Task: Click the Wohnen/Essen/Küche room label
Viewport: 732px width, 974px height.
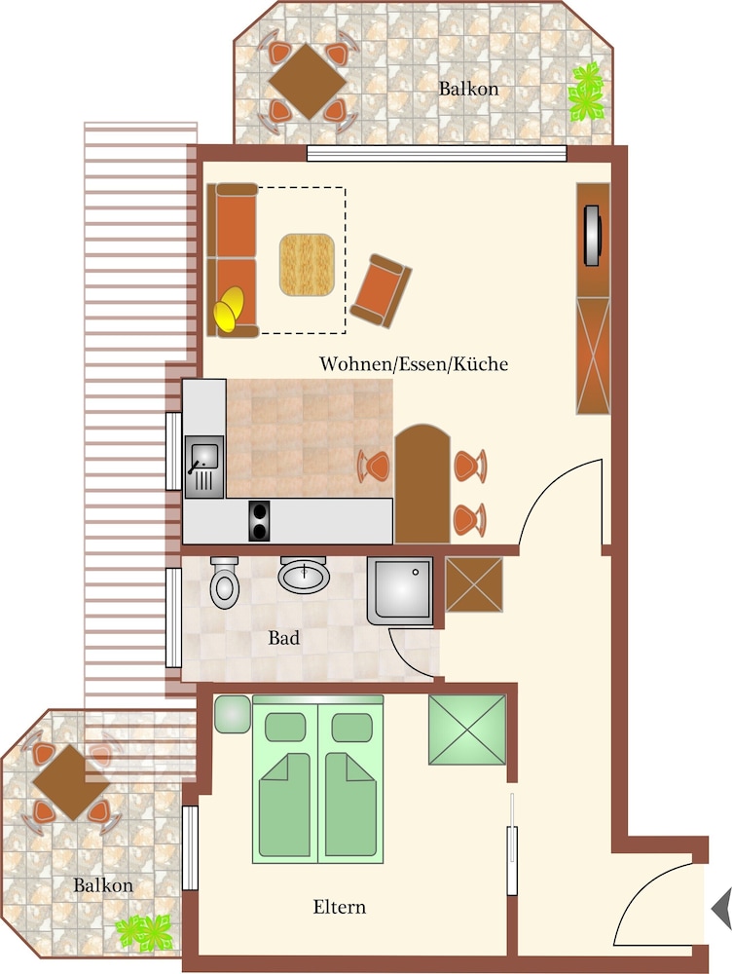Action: coord(414,364)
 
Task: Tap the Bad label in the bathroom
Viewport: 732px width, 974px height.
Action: coord(283,638)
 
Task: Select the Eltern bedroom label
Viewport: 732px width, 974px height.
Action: coord(339,907)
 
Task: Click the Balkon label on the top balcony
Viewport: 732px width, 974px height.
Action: coord(469,89)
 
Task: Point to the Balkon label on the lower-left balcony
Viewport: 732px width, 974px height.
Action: coord(103,885)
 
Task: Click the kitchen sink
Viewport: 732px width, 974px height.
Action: coord(204,467)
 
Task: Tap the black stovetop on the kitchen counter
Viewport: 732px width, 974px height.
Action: coord(260,520)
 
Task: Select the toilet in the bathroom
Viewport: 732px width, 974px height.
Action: coord(224,582)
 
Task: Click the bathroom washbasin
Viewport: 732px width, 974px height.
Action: coord(303,575)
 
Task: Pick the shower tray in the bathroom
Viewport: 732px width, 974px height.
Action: coord(400,591)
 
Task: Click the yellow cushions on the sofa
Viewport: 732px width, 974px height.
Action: coord(229,308)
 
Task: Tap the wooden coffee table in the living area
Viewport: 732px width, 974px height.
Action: coord(307,264)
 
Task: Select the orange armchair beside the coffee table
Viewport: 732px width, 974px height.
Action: coord(381,290)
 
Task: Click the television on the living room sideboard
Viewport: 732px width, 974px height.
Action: coord(592,235)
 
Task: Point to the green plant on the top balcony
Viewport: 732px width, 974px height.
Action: coord(585,92)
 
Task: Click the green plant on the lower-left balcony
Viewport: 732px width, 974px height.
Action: coord(145,932)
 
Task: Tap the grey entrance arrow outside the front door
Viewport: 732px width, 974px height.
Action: coord(721,909)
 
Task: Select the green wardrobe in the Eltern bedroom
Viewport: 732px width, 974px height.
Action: coord(467,730)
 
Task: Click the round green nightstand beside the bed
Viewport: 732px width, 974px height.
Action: coord(233,714)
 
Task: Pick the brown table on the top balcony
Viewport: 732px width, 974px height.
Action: coord(308,82)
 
